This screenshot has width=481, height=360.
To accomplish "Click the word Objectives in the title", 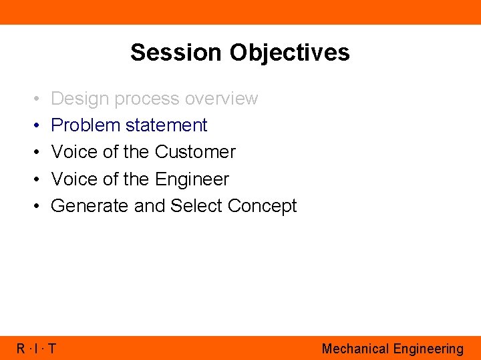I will pos(287,52).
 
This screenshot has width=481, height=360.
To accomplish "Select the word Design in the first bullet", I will pos(80,99).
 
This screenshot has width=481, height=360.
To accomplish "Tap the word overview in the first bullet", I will pos(221,99).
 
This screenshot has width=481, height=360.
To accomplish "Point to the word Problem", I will pos(84,125).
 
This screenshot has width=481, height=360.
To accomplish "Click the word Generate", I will pos(90,206).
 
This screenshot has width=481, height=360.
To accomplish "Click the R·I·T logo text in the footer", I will pos(36,349).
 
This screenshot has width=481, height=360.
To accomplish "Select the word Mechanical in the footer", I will pos(355,349).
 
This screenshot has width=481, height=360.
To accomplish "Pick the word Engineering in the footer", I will pos(428,349).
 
